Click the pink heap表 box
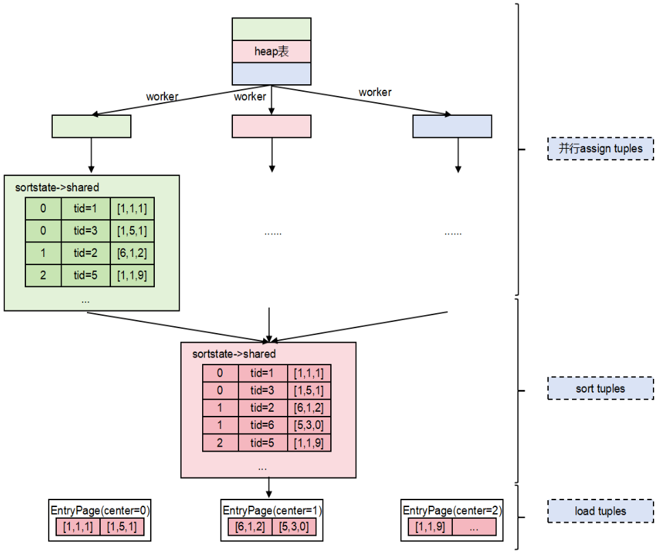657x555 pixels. (272, 51)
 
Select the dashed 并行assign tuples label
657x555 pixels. (600, 149)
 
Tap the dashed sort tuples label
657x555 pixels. (600, 388)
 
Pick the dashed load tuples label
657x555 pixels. (600, 511)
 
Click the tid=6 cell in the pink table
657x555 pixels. (262, 425)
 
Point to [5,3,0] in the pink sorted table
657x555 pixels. (309, 425)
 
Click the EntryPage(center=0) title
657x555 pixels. (101, 510)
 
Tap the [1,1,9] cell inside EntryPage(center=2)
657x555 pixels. (429, 528)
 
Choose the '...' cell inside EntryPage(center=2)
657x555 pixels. (473, 528)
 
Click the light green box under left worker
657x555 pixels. (91, 126)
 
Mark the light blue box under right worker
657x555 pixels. (452, 126)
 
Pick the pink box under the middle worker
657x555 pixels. (272, 126)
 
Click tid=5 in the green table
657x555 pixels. (87, 275)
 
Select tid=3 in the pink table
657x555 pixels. (262, 391)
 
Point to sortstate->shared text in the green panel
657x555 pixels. (52, 187)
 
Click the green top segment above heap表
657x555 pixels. (272, 29)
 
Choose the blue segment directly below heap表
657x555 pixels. (272, 73)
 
